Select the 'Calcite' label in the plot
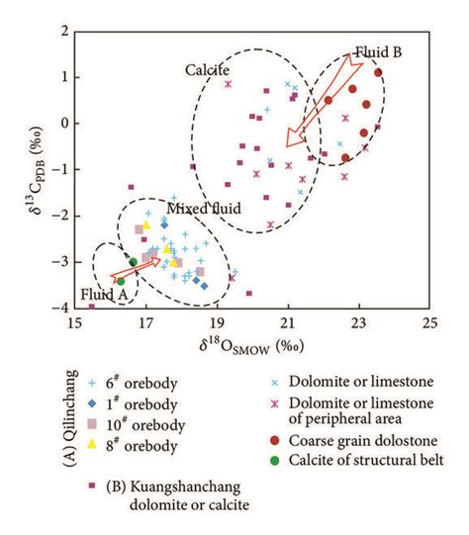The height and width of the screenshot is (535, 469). [207, 70]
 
